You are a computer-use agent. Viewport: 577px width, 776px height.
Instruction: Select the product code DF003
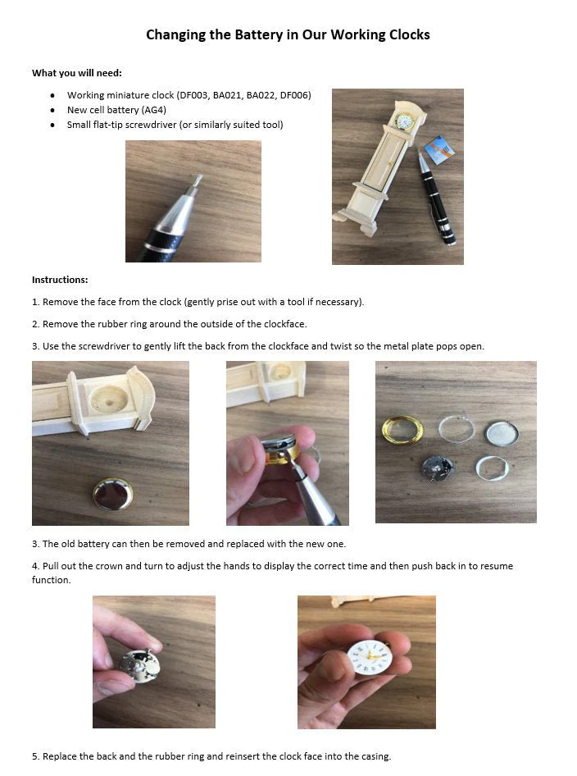pos(193,95)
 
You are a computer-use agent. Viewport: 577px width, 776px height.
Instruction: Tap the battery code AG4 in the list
pos(154,110)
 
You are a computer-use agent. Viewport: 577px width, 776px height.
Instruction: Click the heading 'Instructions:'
pos(60,280)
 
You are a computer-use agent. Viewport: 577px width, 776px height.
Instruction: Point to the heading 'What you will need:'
pos(77,73)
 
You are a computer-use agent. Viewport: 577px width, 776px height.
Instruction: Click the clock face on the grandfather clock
pos(404,121)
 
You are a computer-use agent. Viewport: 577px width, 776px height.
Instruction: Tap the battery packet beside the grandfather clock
pos(439,149)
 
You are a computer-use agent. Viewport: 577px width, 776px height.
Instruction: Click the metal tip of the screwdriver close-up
pos(197,184)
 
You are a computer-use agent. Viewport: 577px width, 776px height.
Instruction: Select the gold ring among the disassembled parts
pos(402,429)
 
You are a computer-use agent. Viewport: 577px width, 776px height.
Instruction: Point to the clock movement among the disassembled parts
pos(437,468)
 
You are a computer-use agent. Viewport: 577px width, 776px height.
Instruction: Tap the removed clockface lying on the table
pos(113,494)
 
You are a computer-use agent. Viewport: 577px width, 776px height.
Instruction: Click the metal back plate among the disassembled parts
pos(501,433)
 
